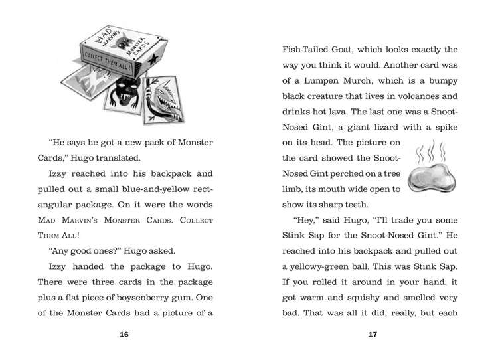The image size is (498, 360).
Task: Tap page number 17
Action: [373, 334]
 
